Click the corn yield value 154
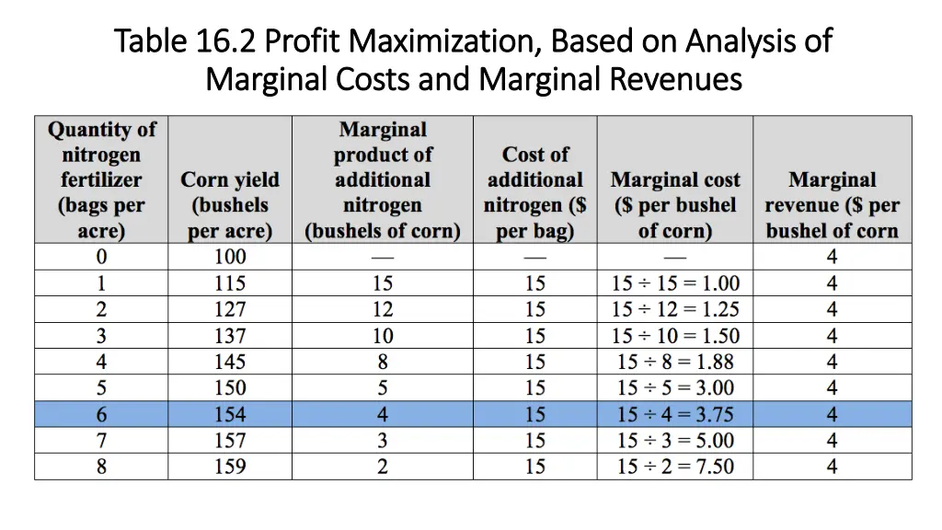click(x=230, y=415)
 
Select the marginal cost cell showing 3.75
click(x=675, y=415)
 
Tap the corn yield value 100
click(x=230, y=257)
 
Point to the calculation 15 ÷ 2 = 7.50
click(x=675, y=467)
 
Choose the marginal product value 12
click(x=383, y=309)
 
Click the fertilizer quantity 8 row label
click(x=101, y=467)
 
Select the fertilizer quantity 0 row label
click(x=101, y=257)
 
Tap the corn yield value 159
click(x=230, y=467)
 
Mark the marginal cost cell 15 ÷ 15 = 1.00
click(x=675, y=283)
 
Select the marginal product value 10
click(x=383, y=336)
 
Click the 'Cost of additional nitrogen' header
click(x=535, y=192)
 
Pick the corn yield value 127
click(x=230, y=309)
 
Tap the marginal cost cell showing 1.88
click(x=675, y=362)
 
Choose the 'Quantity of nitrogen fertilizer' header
click(x=101, y=179)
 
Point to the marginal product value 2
click(x=383, y=467)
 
